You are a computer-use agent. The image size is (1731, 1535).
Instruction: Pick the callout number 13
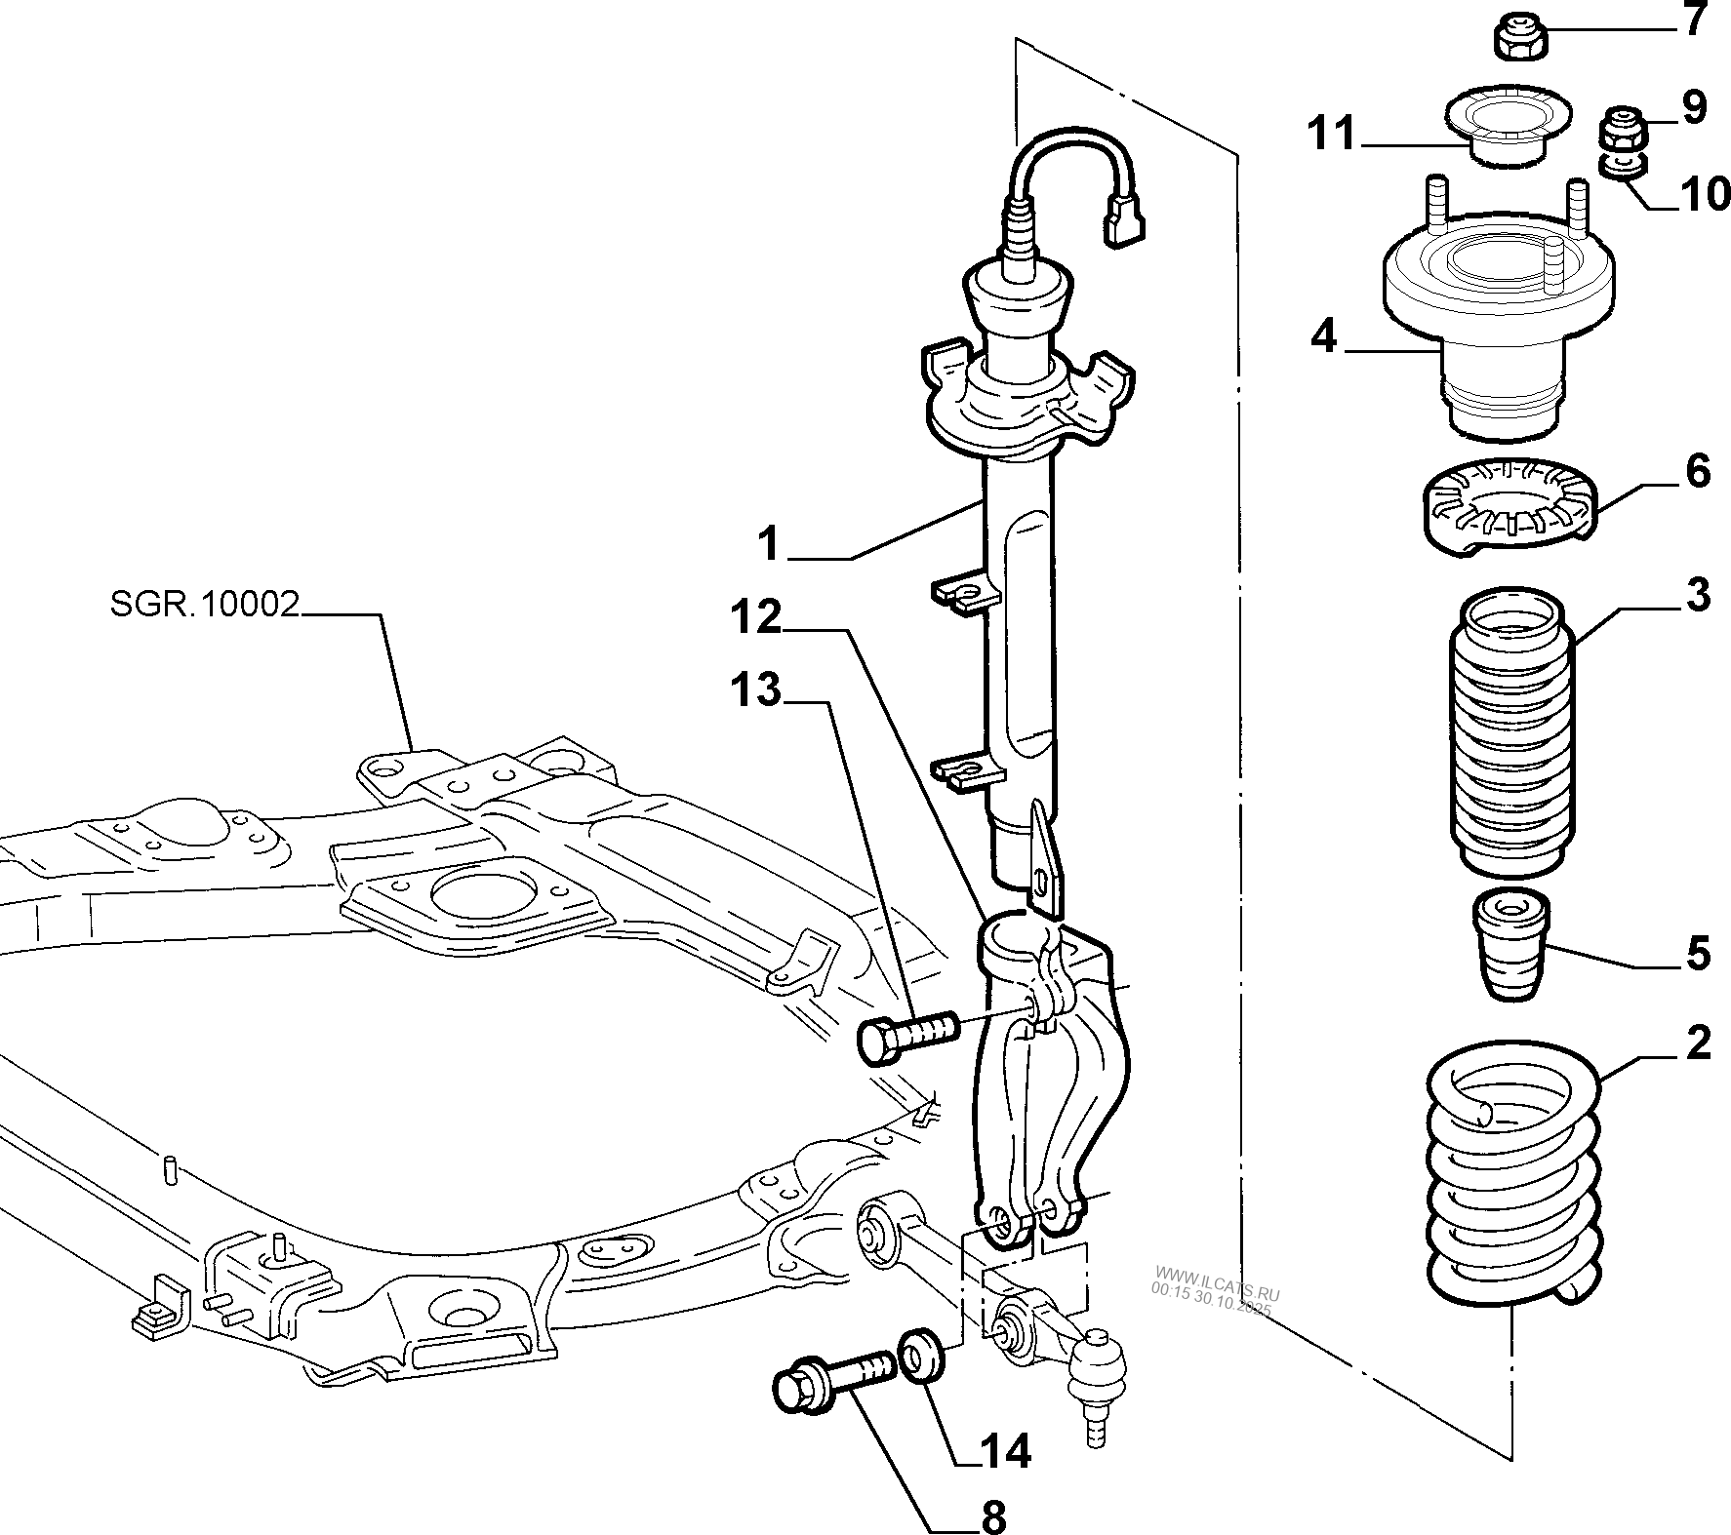[755, 691]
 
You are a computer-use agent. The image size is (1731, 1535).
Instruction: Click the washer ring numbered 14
[920, 1355]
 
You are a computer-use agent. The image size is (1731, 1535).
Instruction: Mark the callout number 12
[755, 617]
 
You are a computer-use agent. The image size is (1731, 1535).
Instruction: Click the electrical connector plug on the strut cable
[1124, 218]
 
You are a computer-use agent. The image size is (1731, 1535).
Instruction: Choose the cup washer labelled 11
[1508, 127]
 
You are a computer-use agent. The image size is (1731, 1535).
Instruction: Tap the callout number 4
[1324, 336]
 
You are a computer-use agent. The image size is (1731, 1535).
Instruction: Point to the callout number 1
[770, 543]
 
